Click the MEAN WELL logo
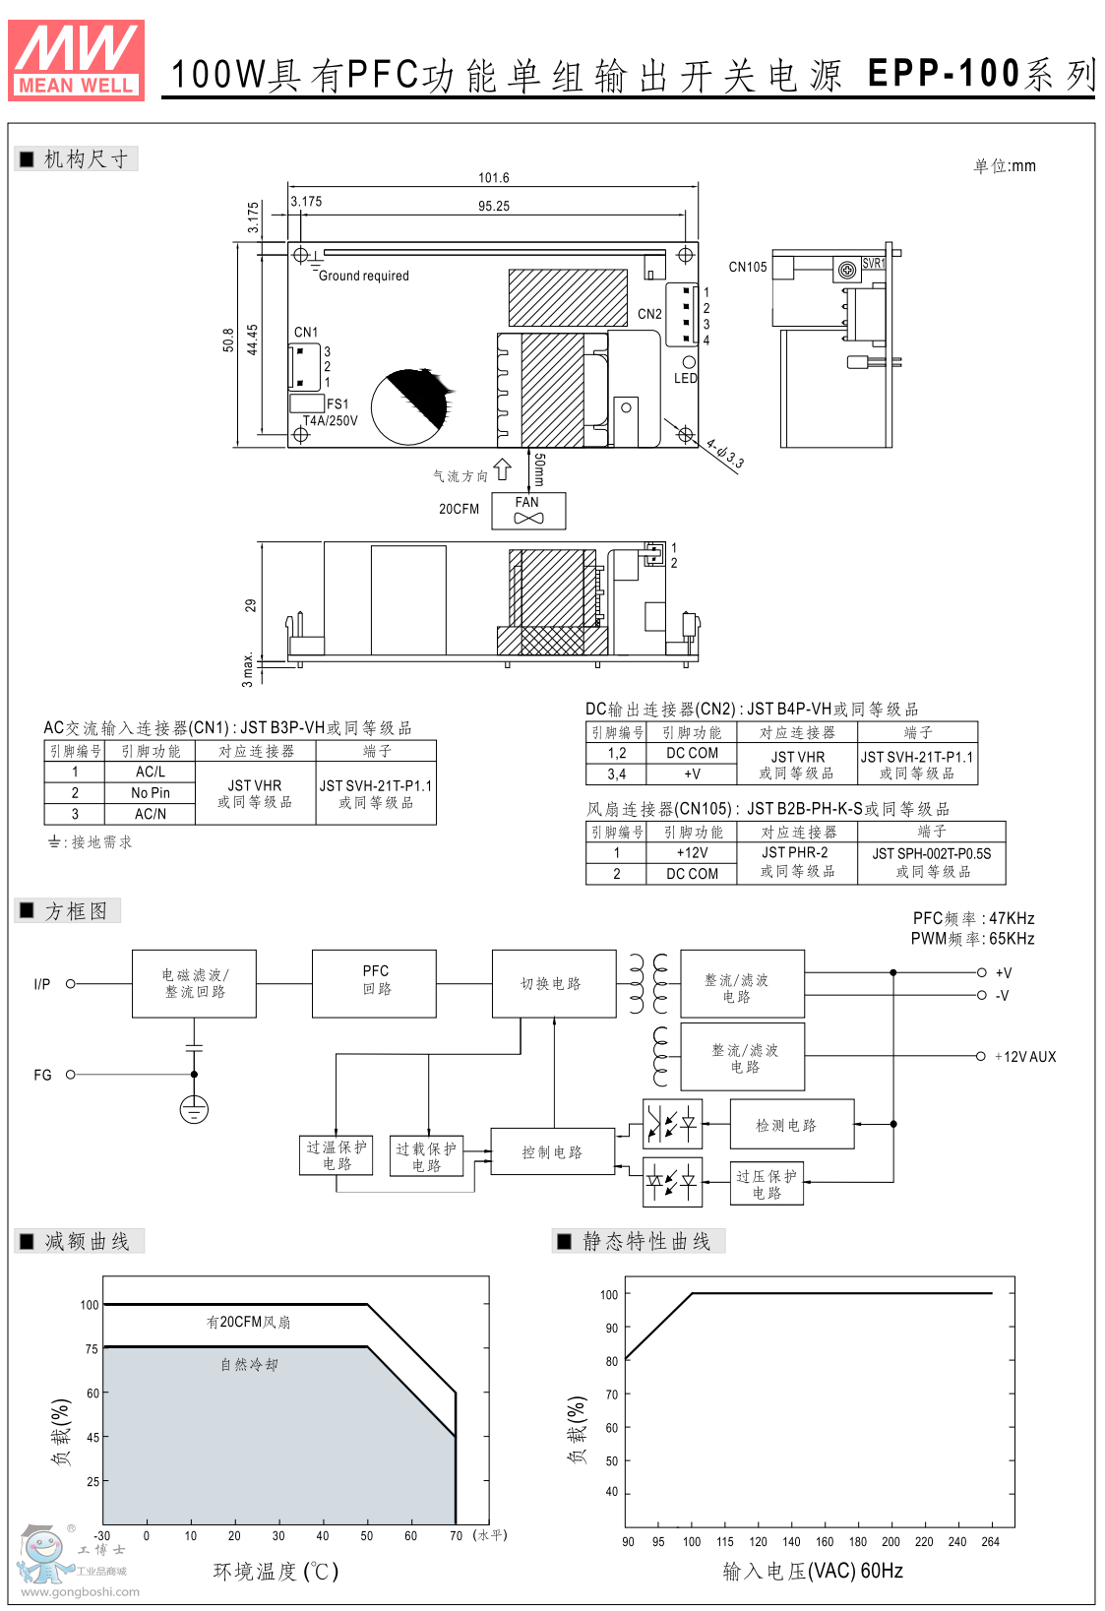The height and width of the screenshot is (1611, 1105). [x=76, y=60]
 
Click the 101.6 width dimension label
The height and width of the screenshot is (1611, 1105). [x=493, y=178]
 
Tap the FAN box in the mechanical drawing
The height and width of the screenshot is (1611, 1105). [x=528, y=510]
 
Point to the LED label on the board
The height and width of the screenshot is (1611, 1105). [x=685, y=378]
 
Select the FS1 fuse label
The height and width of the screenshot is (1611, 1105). [x=338, y=403]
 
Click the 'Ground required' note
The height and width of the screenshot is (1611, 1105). [x=363, y=276]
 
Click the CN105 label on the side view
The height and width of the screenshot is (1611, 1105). [x=747, y=267]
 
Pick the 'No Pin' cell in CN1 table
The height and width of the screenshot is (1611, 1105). [x=151, y=793]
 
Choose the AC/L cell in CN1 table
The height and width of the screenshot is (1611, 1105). [x=151, y=773]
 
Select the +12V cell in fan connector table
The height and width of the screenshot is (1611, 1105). [x=692, y=853]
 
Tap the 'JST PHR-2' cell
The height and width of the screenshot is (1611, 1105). [x=795, y=853]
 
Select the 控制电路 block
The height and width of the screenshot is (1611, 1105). [x=552, y=1152]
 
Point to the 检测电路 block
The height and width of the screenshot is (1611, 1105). [x=786, y=1125]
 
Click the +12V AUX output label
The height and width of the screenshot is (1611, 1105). [x=1024, y=1057]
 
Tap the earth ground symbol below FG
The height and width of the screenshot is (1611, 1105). [x=194, y=1109]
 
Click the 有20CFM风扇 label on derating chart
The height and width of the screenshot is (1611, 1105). [x=248, y=1322]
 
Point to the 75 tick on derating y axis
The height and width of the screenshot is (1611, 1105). [x=92, y=1349]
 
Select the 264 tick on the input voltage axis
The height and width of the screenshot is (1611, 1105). [x=990, y=1542]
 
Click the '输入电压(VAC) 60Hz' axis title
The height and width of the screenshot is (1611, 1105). [x=813, y=1571]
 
